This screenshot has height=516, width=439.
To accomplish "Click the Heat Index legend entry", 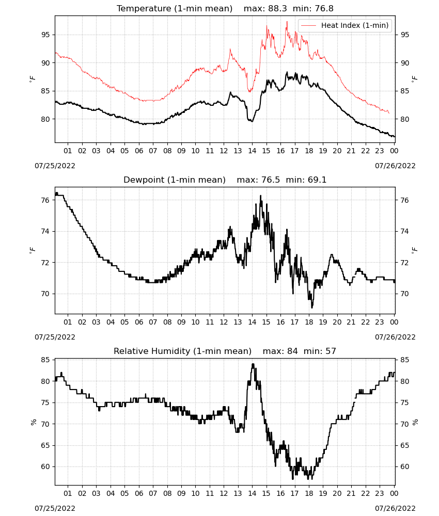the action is point(345,25).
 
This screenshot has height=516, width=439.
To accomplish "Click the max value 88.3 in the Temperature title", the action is point(277,9).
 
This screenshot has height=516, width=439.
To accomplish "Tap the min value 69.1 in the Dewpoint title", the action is point(317,180).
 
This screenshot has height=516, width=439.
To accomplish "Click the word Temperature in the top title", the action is point(144,9).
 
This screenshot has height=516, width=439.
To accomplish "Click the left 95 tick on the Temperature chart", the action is point(46,35).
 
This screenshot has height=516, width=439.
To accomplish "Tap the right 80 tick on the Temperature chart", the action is point(405,120).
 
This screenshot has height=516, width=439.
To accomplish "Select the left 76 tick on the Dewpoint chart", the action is point(46,200).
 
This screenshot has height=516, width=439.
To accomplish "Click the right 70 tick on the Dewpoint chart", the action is point(405,294).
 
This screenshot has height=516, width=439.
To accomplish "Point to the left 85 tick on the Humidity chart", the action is point(46,360).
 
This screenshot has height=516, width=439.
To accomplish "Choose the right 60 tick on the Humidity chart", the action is point(405,466).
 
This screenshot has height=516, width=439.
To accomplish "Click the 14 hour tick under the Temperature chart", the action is point(252,151).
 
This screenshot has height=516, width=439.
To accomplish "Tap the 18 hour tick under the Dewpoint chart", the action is point(309,322).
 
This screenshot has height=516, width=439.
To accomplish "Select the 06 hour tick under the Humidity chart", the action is point(139,494).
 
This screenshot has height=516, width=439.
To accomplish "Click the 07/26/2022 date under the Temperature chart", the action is point(395,166).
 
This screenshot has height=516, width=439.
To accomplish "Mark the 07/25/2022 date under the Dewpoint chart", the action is point(55,337).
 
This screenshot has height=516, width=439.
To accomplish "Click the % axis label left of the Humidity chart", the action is point(33,422).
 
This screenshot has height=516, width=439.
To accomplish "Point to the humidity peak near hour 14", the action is point(253,364).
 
